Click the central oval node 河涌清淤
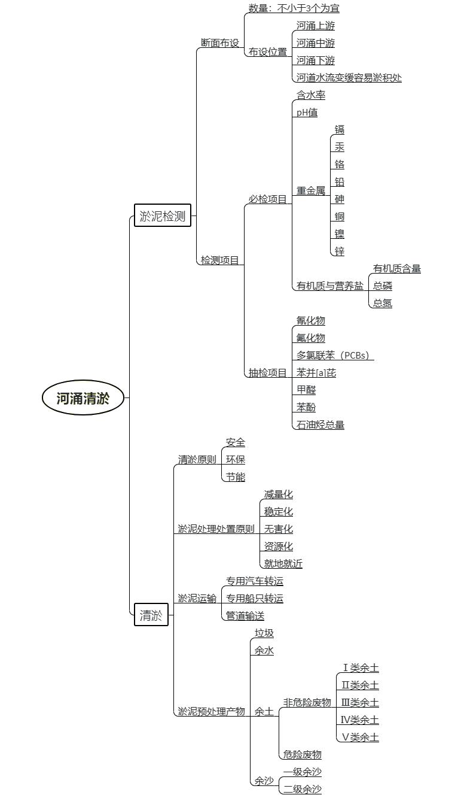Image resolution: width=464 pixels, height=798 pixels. pyautogui.click(x=83, y=398)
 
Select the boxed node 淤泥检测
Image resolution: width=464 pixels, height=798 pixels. pyautogui.click(x=163, y=215)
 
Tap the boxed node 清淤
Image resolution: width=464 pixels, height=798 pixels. pyautogui.click(x=151, y=615)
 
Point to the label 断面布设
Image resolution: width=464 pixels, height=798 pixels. pyautogui.click(x=220, y=43)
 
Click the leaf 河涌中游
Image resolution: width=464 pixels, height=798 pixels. pyautogui.click(x=316, y=43)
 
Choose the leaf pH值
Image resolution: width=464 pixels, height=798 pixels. pyautogui.click(x=307, y=113)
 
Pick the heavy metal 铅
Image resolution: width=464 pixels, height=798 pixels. pyautogui.click(x=340, y=182)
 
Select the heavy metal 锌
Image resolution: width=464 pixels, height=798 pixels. pyautogui.click(x=340, y=251)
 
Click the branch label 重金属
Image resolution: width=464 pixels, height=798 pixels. pyautogui.click(x=311, y=190)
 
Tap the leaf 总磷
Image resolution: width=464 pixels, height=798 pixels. pyautogui.click(x=383, y=286)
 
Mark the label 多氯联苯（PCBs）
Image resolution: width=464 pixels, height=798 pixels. pyautogui.click(x=335, y=355)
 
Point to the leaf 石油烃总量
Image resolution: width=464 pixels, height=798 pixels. pyautogui.click(x=320, y=424)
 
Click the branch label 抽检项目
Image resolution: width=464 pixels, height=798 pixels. pyautogui.click(x=268, y=372)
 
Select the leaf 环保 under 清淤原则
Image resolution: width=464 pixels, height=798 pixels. pyautogui.click(x=236, y=460)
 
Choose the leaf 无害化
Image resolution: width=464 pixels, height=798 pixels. pyautogui.click(x=278, y=529)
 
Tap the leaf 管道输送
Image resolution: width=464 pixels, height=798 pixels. pyautogui.click(x=245, y=615)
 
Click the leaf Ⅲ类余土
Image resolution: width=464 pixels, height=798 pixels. pyautogui.click(x=360, y=703)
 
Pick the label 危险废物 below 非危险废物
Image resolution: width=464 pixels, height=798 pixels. pyautogui.click(x=302, y=754)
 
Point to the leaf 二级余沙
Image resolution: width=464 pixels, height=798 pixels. pyautogui.click(x=302, y=789)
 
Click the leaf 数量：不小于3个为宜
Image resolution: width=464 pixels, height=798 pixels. pyautogui.click(x=294, y=8)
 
